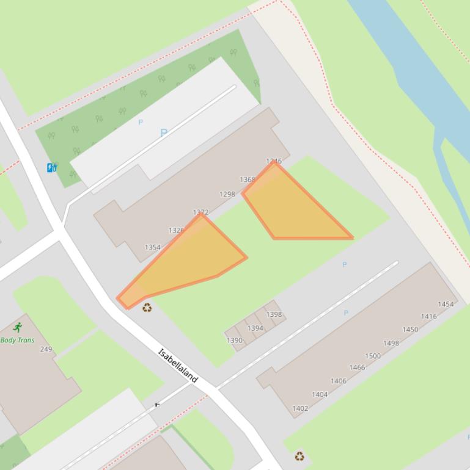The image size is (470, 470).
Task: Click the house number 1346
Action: click(274, 162)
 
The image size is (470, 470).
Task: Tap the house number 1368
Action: click(248, 180)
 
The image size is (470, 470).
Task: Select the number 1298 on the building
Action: click(227, 194)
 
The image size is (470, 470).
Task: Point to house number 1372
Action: click(200, 212)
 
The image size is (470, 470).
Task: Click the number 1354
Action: click(152, 247)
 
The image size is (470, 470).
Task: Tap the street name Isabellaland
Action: click(178, 366)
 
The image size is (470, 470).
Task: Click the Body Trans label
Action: click(17, 340)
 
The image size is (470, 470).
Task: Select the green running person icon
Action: click(17, 328)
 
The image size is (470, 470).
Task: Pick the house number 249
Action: click(46, 349)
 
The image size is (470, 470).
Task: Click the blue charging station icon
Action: click(52, 167)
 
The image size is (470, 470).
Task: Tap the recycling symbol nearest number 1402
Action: click(299, 456)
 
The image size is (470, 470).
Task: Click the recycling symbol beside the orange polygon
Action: click(147, 308)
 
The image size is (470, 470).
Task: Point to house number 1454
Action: click(446, 304)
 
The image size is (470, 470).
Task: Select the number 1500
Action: click(373, 356)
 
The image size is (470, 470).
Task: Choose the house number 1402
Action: click(300, 408)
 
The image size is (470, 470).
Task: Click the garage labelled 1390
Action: click(234, 341)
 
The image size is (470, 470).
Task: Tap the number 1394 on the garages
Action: click(255, 328)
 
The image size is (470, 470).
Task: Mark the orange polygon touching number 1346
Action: click(293, 211)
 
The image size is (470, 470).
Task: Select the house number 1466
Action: click(357, 367)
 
